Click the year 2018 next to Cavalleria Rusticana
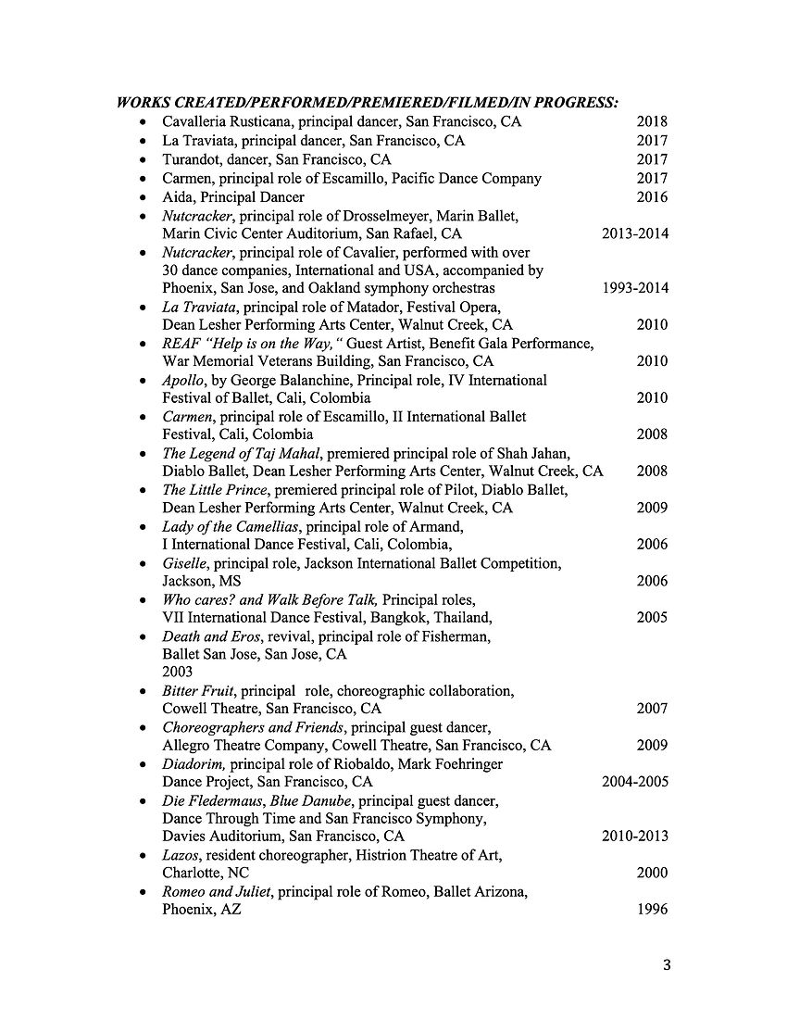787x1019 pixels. pos(652,121)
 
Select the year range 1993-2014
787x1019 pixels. pos(635,288)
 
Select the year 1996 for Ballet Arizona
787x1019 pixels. pos(652,910)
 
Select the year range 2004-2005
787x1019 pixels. pos(635,782)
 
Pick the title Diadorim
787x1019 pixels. pos(193,764)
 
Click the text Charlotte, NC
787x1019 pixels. pos(206,873)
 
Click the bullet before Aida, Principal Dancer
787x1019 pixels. pos(142,197)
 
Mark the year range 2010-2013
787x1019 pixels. pos(635,837)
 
